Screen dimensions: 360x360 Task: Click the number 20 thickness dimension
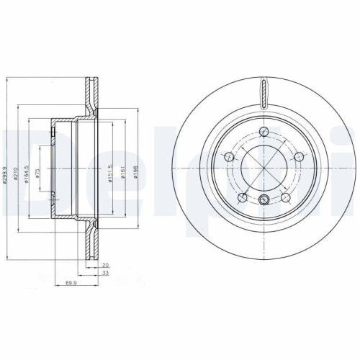coord(104,265)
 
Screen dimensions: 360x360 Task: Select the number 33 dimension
coord(104,273)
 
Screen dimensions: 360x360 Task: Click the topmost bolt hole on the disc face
coord(264,131)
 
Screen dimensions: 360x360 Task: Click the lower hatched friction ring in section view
coord(92,238)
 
